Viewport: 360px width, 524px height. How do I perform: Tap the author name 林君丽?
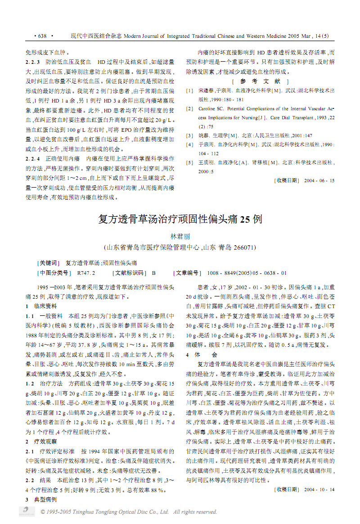point(180,237)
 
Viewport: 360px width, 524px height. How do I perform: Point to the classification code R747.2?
point(86,273)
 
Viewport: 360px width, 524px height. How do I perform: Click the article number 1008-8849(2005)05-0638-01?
point(247,273)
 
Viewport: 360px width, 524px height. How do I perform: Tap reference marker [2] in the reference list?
point(189,108)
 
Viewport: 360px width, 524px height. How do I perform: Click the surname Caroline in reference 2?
point(207,108)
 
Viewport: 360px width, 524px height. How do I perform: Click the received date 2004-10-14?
point(319,489)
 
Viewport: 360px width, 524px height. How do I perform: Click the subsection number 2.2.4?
point(32,159)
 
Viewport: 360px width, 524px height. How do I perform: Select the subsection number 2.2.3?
point(32,62)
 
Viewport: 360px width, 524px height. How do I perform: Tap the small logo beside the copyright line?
point(27,511)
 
